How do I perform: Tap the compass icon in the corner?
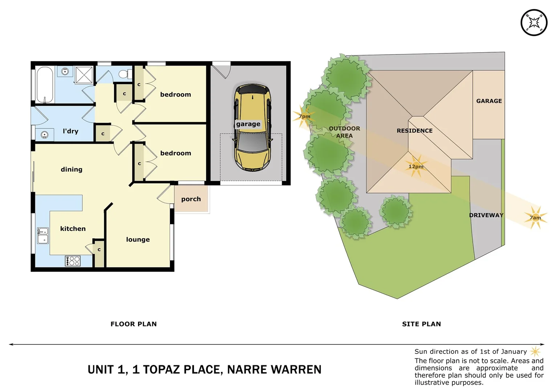(534, 23)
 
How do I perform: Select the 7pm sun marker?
(304, 117)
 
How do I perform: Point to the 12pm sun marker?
(416, 167)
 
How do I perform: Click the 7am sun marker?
(535, 217)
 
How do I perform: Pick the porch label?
(191, 199)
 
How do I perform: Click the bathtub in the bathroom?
(45, 85)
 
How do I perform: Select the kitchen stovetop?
(73, 261)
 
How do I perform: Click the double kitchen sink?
(43, 236)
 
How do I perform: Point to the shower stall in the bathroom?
(84, 75)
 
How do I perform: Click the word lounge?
(138, 240)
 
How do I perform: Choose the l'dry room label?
(70, 131)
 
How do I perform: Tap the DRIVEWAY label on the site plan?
(486, 215)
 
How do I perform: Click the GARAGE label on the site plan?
(489, 101)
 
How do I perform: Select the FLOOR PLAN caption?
(134, 324)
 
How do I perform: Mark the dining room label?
(72, 169)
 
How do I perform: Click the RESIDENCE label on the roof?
(414, 131)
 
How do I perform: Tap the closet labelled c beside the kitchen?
(99, 253)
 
